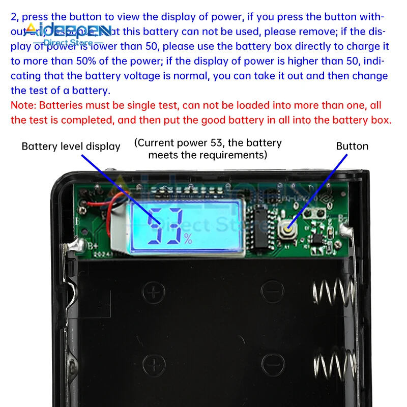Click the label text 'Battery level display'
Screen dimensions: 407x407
[x=71, y=147]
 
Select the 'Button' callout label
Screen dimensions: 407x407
[x=352, y=146]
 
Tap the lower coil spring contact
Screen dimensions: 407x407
[x=333, y=369]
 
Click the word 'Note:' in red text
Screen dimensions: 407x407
[x=23, y=106]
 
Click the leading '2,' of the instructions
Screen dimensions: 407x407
[x=15, y=17]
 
